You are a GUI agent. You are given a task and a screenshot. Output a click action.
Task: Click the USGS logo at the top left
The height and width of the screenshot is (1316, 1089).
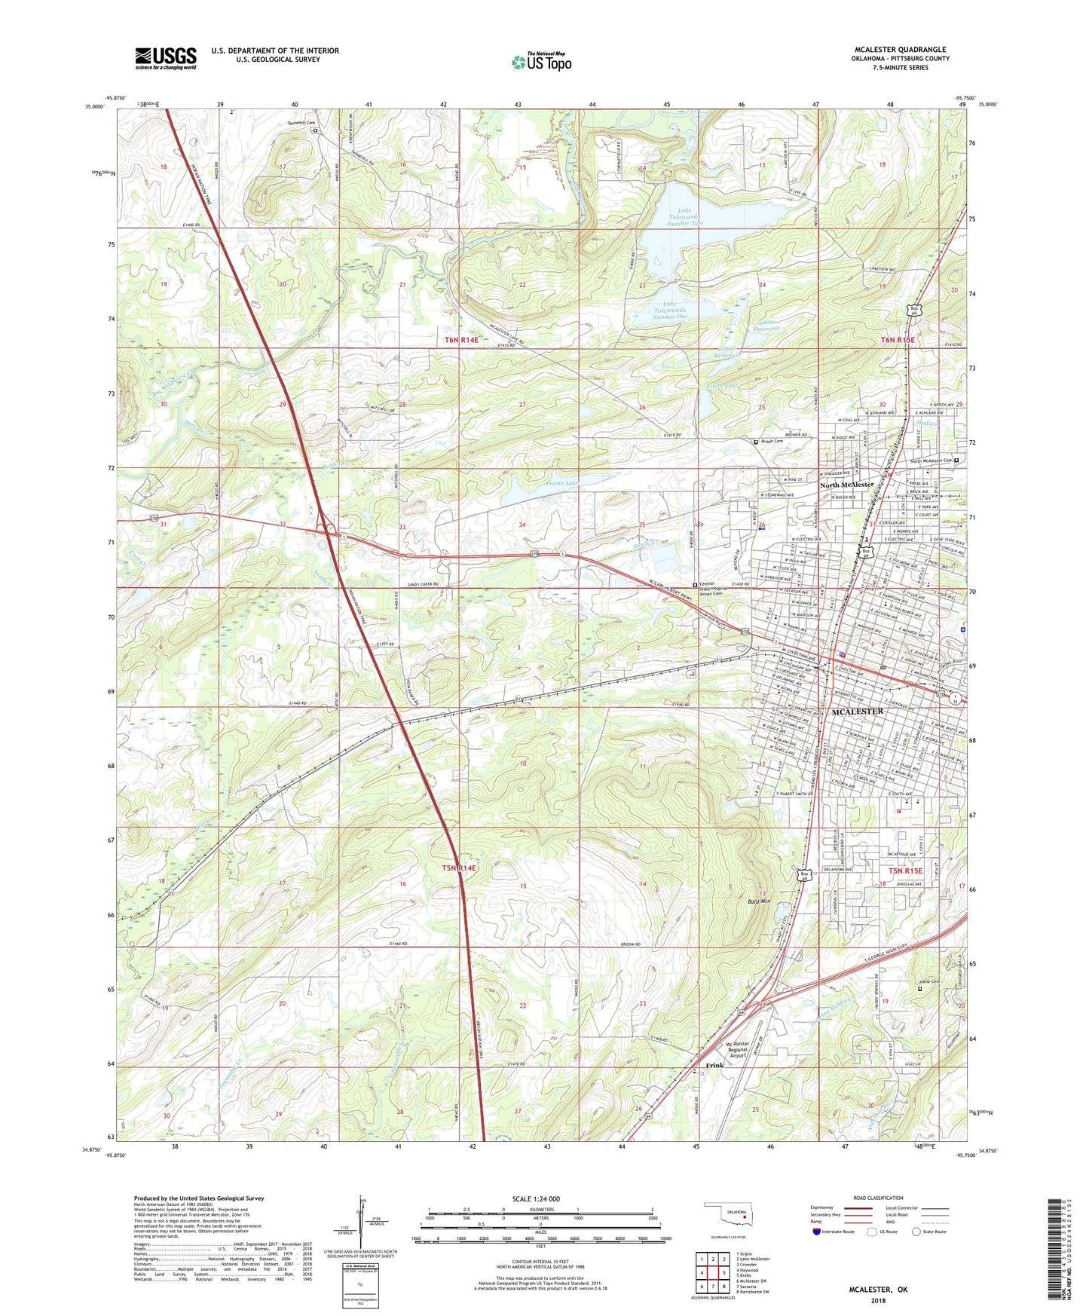tap(166, 58)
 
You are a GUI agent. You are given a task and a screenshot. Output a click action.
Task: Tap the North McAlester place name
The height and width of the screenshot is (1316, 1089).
tap(846, 485)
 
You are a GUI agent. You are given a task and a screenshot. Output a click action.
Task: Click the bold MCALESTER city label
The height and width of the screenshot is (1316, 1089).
tap(857, 712)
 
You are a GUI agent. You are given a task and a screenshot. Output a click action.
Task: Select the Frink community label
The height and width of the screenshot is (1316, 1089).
tap(714, 1065)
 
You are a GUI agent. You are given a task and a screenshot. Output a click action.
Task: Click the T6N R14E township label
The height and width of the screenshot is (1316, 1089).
tap(461, 340)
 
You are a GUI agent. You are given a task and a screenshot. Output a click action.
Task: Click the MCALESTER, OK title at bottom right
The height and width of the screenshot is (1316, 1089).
tap(878, 1290)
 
